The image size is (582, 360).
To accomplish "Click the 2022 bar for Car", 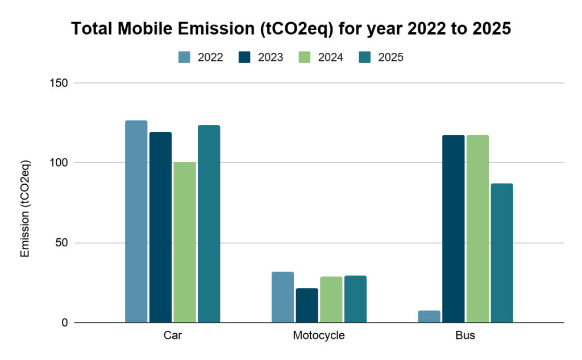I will [x=136, y=222].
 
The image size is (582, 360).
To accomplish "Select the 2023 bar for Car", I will [x=160, y=227].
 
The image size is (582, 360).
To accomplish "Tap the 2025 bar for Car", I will [x=209, y=224].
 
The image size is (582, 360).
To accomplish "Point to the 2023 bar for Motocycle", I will [x=307, y=305].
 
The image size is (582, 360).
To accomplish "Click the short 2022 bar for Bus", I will [x=429, y=317].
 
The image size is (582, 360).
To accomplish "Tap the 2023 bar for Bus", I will [x=454, y=229].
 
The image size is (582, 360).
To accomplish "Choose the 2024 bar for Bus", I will [x=477, y=229].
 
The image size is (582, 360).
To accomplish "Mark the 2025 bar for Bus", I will [x=502, y=253].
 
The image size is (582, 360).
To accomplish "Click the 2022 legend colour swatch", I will [x=184, y=57].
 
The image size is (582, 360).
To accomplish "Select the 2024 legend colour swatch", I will [x=305, y=57].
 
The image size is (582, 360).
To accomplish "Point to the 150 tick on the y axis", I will [x=61, y=83].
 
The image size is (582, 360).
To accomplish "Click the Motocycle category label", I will [x=319, y=336].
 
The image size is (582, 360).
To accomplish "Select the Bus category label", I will [x=465, y=336].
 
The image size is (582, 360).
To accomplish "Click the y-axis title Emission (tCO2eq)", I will [x=24, y=209].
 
